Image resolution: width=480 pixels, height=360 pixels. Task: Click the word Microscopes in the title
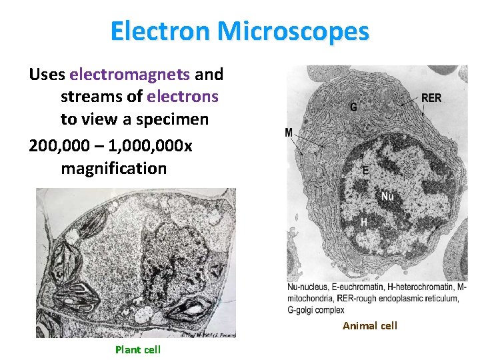[x=292, y=31]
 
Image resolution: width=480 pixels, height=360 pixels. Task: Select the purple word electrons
[x=183, y=97]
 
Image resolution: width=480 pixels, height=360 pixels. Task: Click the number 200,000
[x=61, y=144]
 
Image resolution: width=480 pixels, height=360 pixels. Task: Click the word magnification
[x=113, y=167]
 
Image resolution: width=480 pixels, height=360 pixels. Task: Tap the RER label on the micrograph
[x=431, y=98]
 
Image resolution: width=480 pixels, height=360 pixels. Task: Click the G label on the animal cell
[x=353, y=107]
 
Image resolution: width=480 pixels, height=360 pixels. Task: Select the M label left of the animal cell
[x=289, y=133]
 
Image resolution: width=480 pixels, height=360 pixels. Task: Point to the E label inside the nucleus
[x=365, y=171]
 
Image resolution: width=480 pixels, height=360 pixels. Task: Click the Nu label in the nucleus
[x=387, y=196]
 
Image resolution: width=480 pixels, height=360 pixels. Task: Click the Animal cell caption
[x=369, y=325]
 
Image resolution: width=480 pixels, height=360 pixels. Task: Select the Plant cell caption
[x=137, y=349]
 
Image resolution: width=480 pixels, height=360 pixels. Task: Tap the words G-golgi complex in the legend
[x=316, y=309]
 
